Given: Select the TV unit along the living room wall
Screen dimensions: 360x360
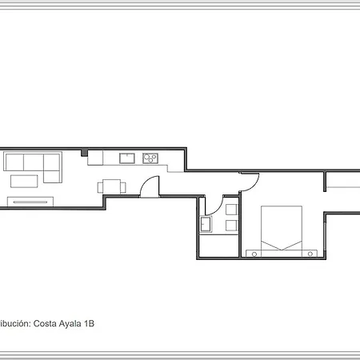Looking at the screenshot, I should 30,201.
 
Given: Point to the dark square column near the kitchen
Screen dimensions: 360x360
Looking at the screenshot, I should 84,153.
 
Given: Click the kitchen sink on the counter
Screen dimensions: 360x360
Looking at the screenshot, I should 126,158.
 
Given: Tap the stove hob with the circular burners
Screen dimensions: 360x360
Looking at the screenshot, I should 149,158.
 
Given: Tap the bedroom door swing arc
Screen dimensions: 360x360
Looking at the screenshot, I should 250,183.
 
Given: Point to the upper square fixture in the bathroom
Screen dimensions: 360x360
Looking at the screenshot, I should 231,210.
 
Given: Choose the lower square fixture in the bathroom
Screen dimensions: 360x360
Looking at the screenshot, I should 231,226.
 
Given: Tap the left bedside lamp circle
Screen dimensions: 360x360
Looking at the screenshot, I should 254,254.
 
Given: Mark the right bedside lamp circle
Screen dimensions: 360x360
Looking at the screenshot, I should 309,254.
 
